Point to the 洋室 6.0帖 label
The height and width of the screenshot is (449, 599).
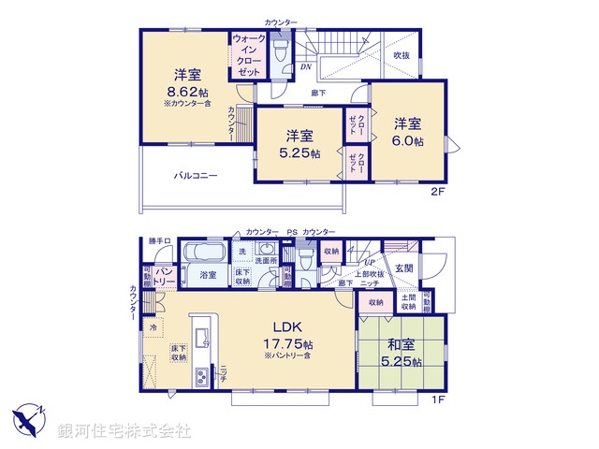407,132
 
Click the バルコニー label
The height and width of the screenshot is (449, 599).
194,175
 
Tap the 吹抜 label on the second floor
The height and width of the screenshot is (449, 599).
401,56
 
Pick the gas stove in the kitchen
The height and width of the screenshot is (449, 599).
202,376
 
